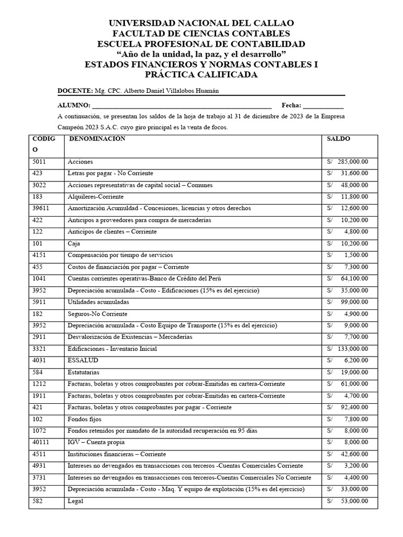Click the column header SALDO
pyautogui.click(x=338, y=139)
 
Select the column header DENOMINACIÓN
pyautogui.click(x=97, y=139)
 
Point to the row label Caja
pyautogui.click(x=73, y=243)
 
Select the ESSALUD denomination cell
pyautogui.click(x=83, y=360)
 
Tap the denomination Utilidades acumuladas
pyautogui.click(x=98, y=302)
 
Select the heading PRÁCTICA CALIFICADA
pyautogui.click(x=201, y=75)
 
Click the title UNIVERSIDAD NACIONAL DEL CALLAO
pyautogui.click(x=201, y=23)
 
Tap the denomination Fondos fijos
pyautogui.click(x=84, y=419)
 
